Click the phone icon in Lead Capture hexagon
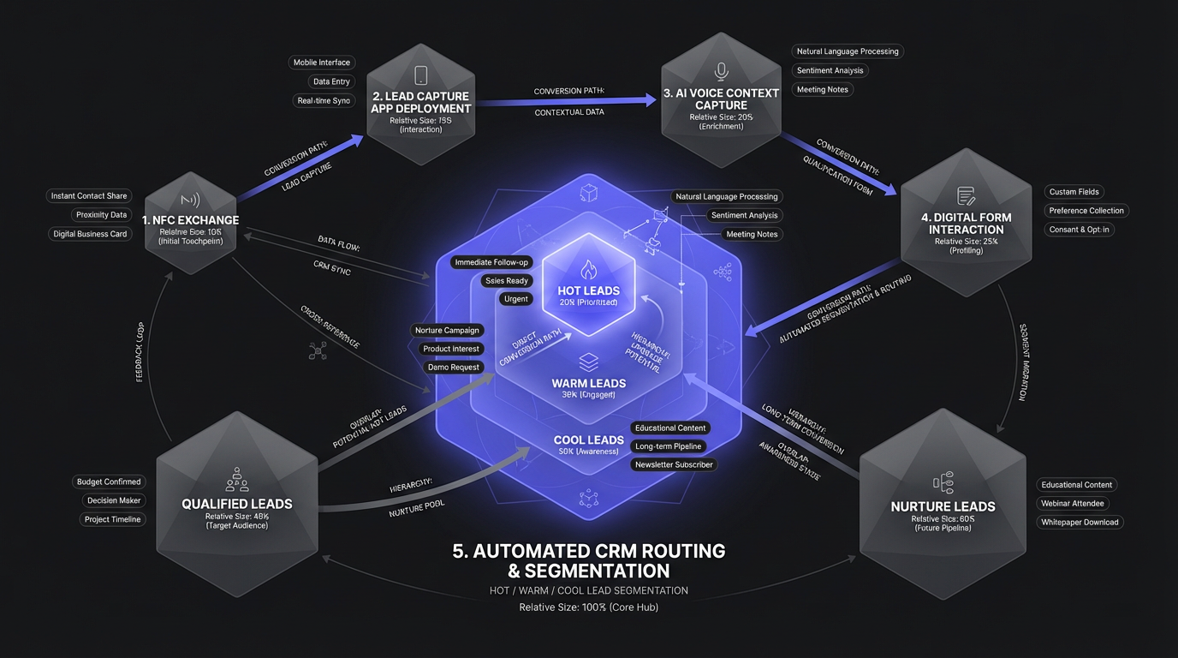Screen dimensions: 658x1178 [420, 75]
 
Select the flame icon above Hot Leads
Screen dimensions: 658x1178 [587, 271]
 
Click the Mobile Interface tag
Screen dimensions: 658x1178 [322, 63]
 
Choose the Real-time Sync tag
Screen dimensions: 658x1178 [324, 100]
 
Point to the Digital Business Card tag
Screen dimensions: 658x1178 [90, 234]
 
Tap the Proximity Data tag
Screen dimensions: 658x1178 [101, 215]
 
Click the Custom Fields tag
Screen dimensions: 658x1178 [1074, 192]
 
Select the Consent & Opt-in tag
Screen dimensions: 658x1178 [1080, 230]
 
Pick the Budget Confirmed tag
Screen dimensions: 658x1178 [109, 482]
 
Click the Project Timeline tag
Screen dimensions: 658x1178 [113, 519]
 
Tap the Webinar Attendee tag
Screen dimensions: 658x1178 [1072, 504]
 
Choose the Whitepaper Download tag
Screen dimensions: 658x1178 [1080, 523]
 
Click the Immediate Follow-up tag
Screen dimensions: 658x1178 [491, 262]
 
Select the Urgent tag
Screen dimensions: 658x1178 [516, 299]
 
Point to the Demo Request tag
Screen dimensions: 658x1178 [454, 367]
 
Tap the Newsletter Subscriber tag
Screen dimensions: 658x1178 [674, 464]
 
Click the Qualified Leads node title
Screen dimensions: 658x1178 [237, 504]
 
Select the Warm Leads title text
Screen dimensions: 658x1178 [588, 383]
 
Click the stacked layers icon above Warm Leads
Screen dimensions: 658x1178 [587, 361]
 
